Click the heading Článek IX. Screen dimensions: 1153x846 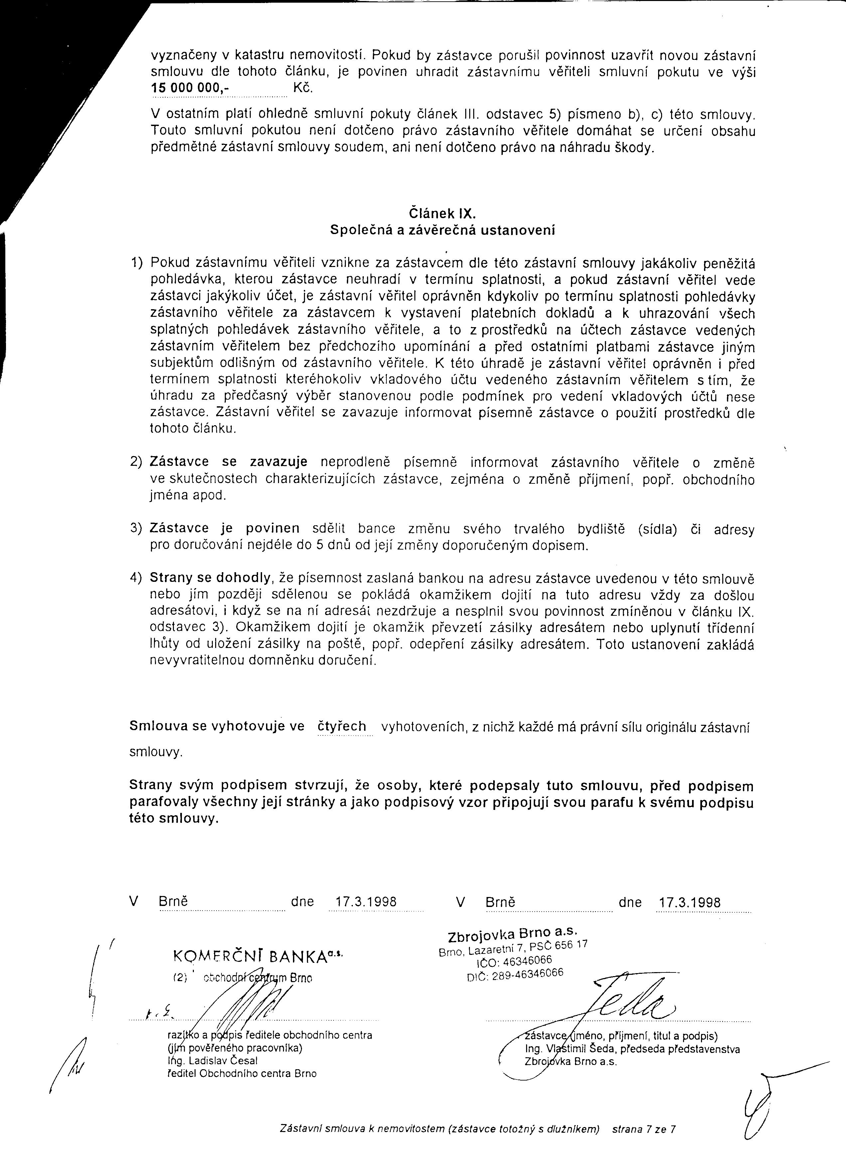pos(443,213)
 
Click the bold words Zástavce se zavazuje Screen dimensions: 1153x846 pos(228,462)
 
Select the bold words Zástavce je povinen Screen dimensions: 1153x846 pos(225,528)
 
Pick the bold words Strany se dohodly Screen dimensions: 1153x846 pos(210,578)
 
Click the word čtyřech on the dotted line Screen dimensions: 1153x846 pos(343,726)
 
